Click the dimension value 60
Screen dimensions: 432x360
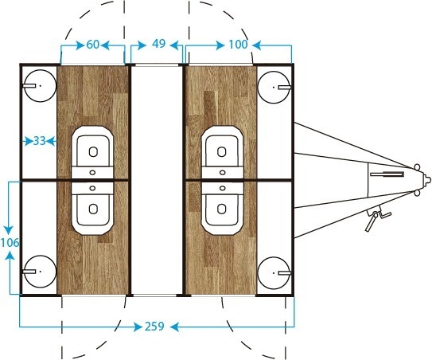coord(92,45)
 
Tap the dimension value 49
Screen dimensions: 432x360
coord(158,44)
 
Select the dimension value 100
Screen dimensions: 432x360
coord(238,44)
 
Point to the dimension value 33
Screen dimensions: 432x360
coord(39,141)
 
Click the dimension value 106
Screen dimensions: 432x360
coord(10,243)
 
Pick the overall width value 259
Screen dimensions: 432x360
coord(154,327)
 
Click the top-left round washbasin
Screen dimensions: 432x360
coord(41,86)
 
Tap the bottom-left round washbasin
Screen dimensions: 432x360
coord(41,272)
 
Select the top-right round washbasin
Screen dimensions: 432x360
coord(274,87)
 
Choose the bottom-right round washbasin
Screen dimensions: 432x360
coord(274,273)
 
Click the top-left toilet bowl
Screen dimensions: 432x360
coord(92,153)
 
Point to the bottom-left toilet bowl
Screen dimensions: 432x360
coord(92,209)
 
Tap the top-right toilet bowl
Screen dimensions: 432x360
coord(222,153)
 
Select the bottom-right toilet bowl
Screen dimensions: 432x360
coord(222,209)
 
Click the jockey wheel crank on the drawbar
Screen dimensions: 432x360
coord(376,218)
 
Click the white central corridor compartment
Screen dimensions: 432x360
coord(157,180)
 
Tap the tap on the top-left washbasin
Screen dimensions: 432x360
coord(29,85)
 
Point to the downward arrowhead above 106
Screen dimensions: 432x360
coord(9,229)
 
